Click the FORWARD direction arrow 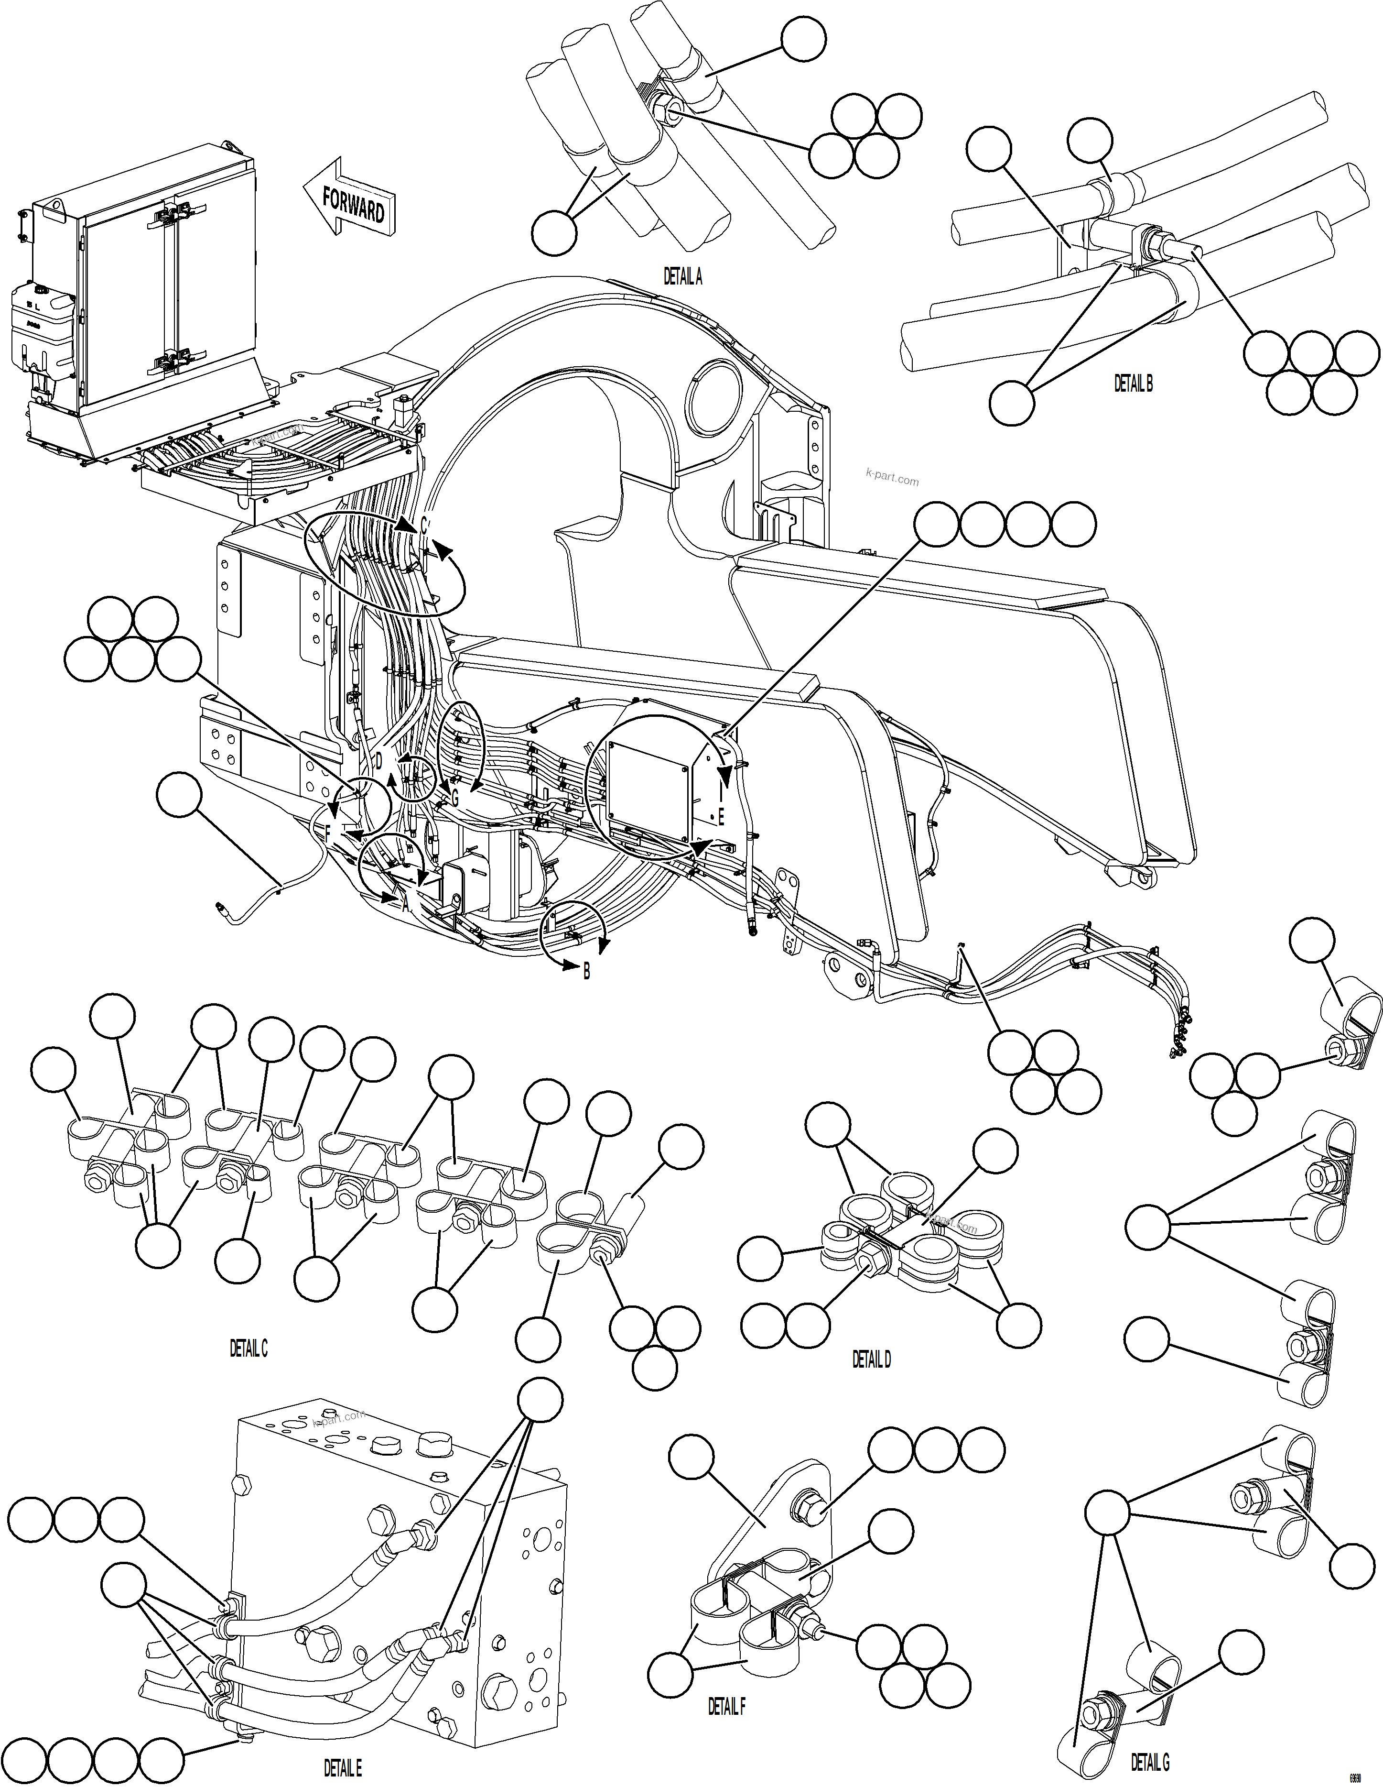pos(350,199)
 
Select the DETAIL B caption pos(1134,383)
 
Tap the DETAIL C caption pos(249,1348)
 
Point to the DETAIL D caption pos(871,1359)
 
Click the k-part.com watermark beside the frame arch pos(891,478)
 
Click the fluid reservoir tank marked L pos(39,327)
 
